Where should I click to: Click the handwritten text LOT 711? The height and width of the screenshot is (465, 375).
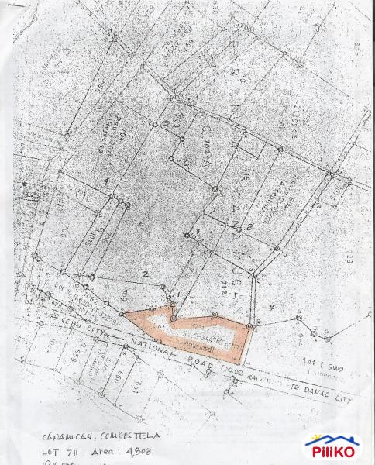58,451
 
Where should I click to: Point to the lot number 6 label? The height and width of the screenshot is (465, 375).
186,164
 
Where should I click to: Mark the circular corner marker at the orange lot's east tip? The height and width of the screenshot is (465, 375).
249,328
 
